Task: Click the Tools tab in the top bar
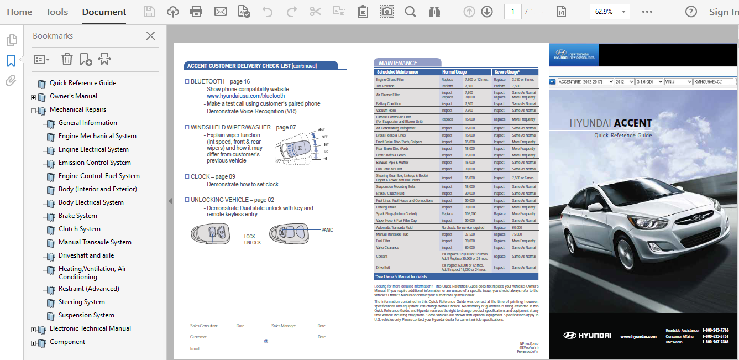click(57, 12)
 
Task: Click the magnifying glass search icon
click(410, 12)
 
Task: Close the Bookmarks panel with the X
click(150, 36)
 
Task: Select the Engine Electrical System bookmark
click(93, 149)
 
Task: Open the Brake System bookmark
click(78, 216)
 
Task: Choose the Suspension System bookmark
click(86, 315)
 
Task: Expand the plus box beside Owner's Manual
click(34, 97)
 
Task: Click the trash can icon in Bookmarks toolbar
click(67, 59)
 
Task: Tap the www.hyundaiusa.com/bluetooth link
click(246, 96)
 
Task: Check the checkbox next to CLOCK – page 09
click(187, 177)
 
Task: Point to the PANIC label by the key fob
click(327, 230)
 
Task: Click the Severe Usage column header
click(507, 72)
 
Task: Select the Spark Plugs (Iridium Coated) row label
click(396, 214)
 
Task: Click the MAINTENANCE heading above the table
click(398, 63)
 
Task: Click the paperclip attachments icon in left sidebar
click(11, 81)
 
